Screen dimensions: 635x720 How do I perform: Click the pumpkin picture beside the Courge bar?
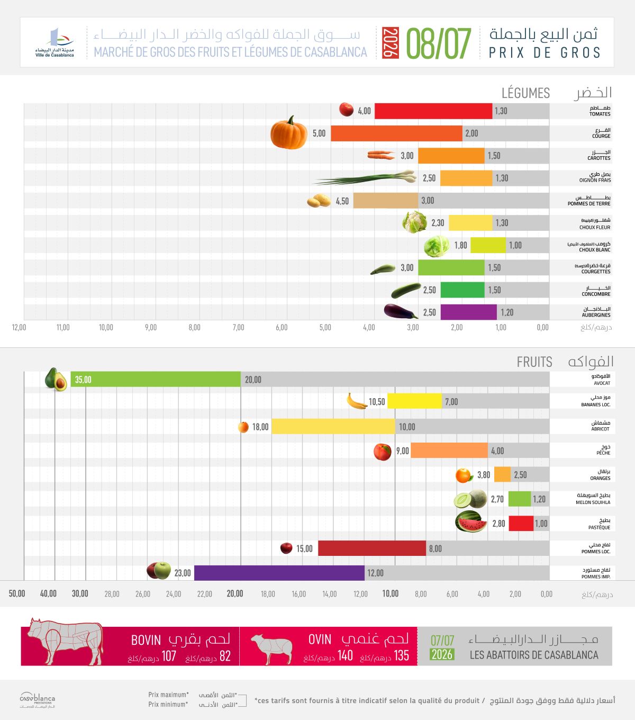pyautogui.click(x=289, y=132)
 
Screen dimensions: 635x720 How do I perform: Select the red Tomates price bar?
pyautogui.click(x=433, y=111)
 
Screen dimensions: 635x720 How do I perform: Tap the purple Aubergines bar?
pyautogui.click(x=468, y=312)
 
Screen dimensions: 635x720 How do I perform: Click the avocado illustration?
pyautogui.click(x=56, y=379)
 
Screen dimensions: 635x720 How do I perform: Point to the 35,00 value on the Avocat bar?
pyautogui.click(x=83, y=380)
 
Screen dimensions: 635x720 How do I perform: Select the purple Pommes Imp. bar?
pyautogui.click(x=279, y=573)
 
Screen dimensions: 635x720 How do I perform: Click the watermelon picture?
pyautogui.click(x=471, y=521)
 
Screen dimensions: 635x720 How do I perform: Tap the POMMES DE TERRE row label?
pyautogui.click(x=589, y=204)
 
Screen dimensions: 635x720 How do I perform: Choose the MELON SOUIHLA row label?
pyautogui.click(x=593, y=502)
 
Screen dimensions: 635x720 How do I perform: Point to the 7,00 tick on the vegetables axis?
pyautogui.click(x=239, y=327)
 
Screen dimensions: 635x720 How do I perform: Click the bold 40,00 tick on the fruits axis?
pyautogui.click(x=48, y=593)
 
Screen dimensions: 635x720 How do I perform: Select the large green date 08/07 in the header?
pyautogui.click(x=439, y=43)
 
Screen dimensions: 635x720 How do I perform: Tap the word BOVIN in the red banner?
pyautogui.click(x=146, y=640)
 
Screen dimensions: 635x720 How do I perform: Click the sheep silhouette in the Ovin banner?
pyautogui.click(x=271, y=649)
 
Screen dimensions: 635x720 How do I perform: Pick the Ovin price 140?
pyautogui.click(x=345, y=655)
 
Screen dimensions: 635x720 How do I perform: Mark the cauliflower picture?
pyautogui.click(x=415, y=222)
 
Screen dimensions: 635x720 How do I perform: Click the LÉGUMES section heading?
pyautogui.click(x=525, y=93)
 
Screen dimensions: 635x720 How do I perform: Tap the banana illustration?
pyautogui.click(x=357, y=401)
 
